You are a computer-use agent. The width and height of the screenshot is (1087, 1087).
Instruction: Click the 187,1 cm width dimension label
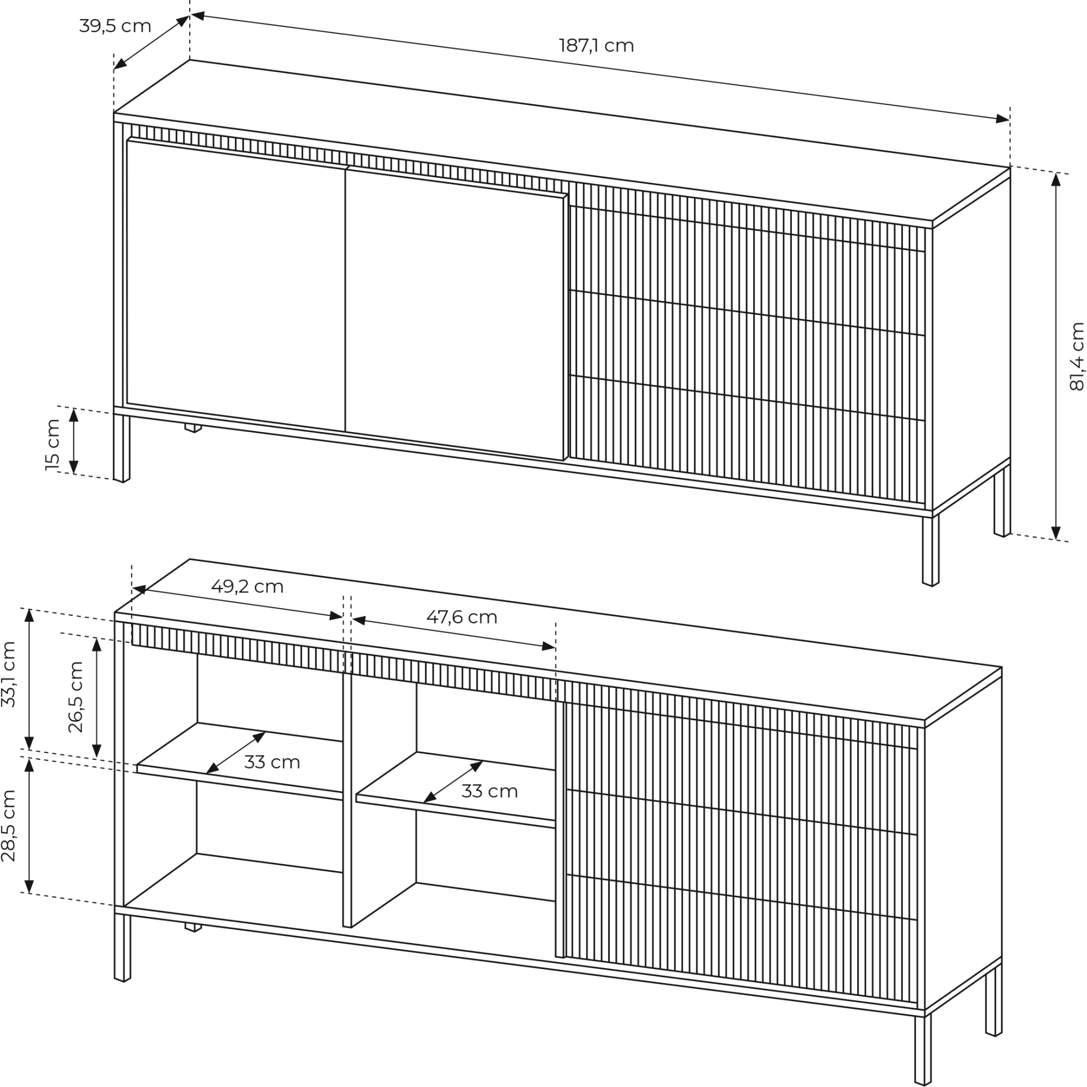click(x=596, y=46)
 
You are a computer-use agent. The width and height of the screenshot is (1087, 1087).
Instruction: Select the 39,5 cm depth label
click(x=115, y=26)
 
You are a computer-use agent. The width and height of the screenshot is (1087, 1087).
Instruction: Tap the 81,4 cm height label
click(x=1076, y=356)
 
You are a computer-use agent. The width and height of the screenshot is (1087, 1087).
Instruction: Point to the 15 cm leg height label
click(x=52, y=445)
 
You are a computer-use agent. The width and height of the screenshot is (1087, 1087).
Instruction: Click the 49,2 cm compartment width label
click(x=247, y=586)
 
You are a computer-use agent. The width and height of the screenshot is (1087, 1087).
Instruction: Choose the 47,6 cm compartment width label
click(x=462, y=617)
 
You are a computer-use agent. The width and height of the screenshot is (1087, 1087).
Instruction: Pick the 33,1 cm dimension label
click(x=9, y=674)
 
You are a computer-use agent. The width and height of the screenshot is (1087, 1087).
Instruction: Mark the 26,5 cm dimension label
click(x=76, y=697)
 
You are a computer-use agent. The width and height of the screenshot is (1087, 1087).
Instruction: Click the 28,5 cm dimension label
click(x=9, y=826)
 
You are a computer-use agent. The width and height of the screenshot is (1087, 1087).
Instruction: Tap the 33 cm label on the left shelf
click(x=272, y=763)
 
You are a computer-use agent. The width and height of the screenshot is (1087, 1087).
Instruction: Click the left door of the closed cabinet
click(x=236, y=285)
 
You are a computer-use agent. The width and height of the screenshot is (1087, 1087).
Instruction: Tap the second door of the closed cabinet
click(x=454, y=314)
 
